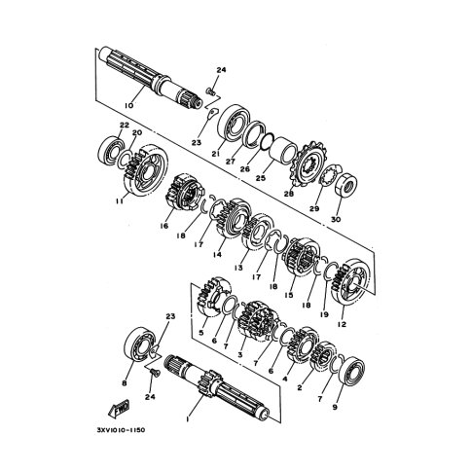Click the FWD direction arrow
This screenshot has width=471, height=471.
click(119, 408)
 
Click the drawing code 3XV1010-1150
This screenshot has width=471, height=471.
click(121, 430)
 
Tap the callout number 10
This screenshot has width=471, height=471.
click(128, 105)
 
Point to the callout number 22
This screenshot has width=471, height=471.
click(125, 125)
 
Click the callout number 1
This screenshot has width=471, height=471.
click(187, 419)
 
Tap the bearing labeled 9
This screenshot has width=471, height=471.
click(351, 372)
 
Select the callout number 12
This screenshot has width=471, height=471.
click(342, 324)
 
